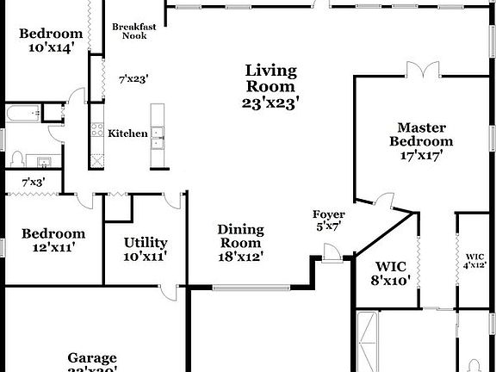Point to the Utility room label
pyautogui.click(x=145, y=243)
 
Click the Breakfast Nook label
pyautogui.click(x=134, y=31)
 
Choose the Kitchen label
pyautogui.click(x=127, y=133)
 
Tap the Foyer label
pyautogui.click(x=329, y=214)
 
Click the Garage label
pyautogui.click(x=93, y=358)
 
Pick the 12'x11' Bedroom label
pyautogui.click(x=53, y=239)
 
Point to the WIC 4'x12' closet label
pyautogui.click(x=475, y=261)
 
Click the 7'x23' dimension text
pyautogui.click(x=133, y=78)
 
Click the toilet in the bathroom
pyautogui.click(x=17, y=159)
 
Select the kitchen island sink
pyautogui.click(x=158, y=133)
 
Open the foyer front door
pyautogui.click(x=329, y=251)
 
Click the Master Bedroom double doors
pyautogui.click(x=422, y=77)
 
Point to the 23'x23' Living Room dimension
pyautogui.click(x=270, y=102)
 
